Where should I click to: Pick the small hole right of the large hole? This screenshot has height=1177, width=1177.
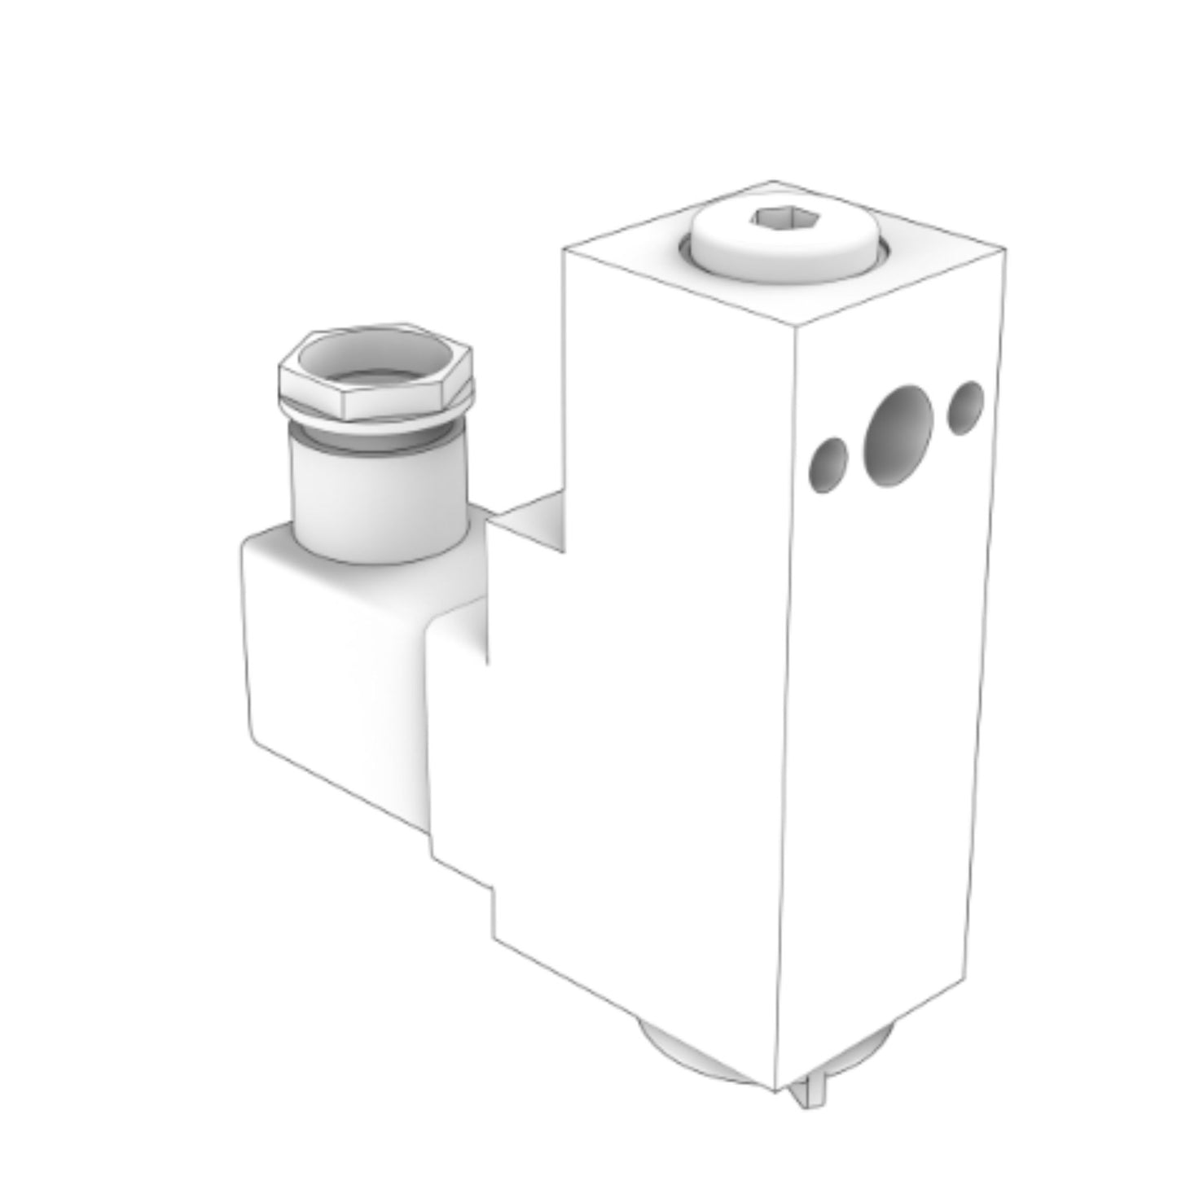click(965, 407)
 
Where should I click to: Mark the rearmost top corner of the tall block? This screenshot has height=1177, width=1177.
click(772, 181)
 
